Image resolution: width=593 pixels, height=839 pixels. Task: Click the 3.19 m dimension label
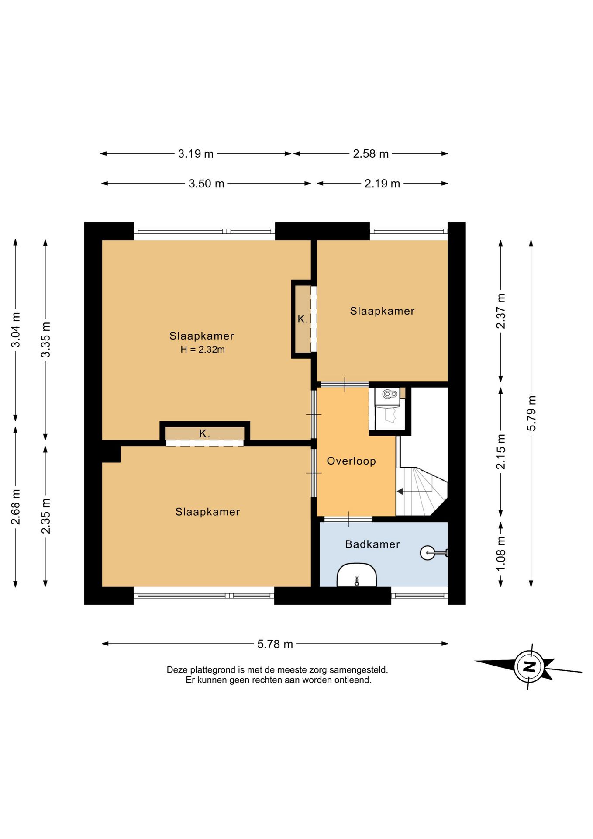(x=196, y=154)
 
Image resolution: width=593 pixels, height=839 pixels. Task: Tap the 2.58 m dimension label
(x=371, y=154)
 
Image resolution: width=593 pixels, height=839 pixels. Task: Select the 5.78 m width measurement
(x=275, y=644)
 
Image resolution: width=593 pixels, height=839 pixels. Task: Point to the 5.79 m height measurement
(x=531, y=413)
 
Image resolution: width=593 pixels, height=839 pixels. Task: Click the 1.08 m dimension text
(x=501, y=553)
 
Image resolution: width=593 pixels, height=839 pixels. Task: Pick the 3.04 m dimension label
(x=15, y=330)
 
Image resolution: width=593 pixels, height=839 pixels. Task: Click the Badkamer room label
(x=372, y=544)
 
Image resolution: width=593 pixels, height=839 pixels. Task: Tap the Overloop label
(x=352, y=461)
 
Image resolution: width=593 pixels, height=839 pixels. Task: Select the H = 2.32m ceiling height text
(x=203, y=349)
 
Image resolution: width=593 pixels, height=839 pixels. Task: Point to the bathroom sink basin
(x=357, y=575)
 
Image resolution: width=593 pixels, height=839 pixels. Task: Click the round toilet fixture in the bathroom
(x=428, y=553)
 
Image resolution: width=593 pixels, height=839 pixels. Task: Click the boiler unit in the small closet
(x=390, y=394)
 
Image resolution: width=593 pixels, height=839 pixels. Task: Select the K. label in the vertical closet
(x=303, y=319)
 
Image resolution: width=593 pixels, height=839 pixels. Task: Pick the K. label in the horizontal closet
(x=204, y=434)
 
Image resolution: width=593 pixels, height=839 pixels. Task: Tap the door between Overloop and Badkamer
(x=348, y=519)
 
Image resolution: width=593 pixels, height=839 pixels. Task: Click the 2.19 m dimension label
(x=382, y=184)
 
